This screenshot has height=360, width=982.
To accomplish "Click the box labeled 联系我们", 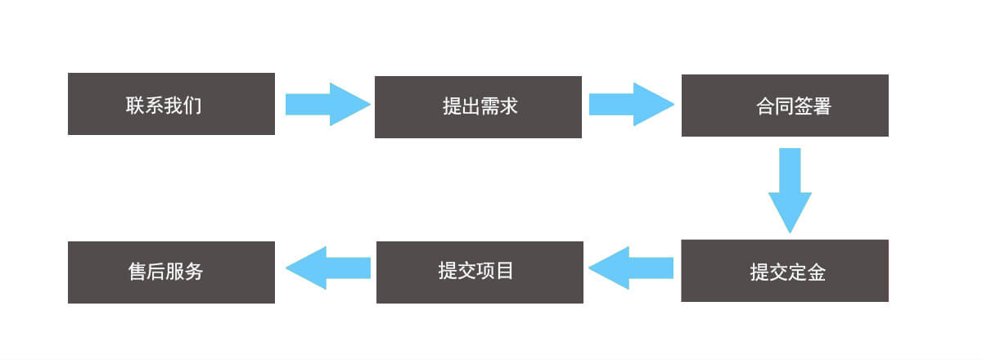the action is tap(171, 104).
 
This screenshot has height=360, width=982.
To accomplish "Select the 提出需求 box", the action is tap(478, 107).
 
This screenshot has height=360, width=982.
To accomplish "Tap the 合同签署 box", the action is tap(785, 106).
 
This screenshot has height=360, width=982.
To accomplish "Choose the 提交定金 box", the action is tap(785, 271).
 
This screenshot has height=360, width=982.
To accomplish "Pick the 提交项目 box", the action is tap(480, 272).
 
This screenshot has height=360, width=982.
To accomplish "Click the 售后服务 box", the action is tap(171, 272).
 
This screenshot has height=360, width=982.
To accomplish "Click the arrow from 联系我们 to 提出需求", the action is tap(328, 105).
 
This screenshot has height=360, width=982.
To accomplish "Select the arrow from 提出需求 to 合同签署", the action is tap(632, 105).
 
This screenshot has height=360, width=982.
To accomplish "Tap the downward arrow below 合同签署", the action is tap(790, 191).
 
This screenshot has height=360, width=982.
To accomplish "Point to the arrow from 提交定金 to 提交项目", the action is tap(631, 268).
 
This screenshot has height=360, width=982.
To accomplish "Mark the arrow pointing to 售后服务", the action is tap(328, 268).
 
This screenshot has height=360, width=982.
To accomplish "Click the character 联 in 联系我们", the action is tap(135, 106).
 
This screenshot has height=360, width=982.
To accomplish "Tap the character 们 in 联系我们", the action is tap(192, 106).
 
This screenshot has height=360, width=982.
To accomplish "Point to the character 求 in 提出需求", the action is tap(508, 106).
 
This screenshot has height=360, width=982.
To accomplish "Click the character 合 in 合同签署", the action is tap(765, 106).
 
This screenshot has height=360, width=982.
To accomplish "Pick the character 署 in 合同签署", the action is tap(822, 106).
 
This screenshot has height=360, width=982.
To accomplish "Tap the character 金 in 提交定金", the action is tap(817, 272).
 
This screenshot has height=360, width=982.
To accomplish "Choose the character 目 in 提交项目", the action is tap(505, 271).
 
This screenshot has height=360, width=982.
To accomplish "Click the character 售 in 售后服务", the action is tap(137, 272).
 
